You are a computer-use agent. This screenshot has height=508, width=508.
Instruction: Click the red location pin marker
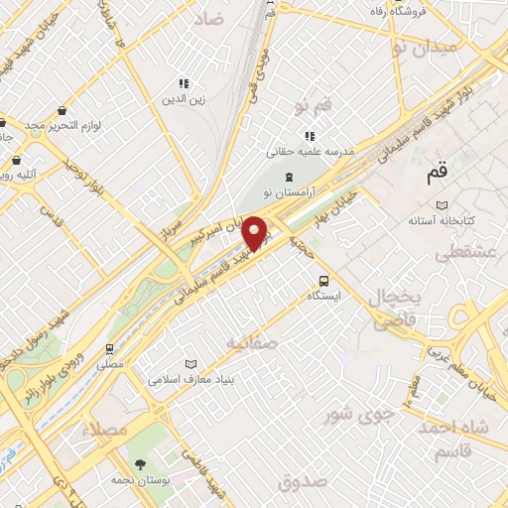pos(255,232)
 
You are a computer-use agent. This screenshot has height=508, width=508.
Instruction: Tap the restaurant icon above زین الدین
pos(182,83)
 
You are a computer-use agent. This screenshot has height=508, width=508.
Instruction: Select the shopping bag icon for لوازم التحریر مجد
pos(63,111)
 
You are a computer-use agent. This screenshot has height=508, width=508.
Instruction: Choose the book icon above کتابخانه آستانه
pos(441,204)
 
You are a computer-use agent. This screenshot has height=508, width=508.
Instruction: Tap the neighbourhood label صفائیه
pos(250,342)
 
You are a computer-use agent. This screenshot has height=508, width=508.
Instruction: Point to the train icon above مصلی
pos(109,349)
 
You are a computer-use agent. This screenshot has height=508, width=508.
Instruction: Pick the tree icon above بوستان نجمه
pos(139,463)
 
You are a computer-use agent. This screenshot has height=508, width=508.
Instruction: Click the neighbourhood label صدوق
pos(302,482)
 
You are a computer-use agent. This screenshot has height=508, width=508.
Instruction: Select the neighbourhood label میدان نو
pos(424,47)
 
